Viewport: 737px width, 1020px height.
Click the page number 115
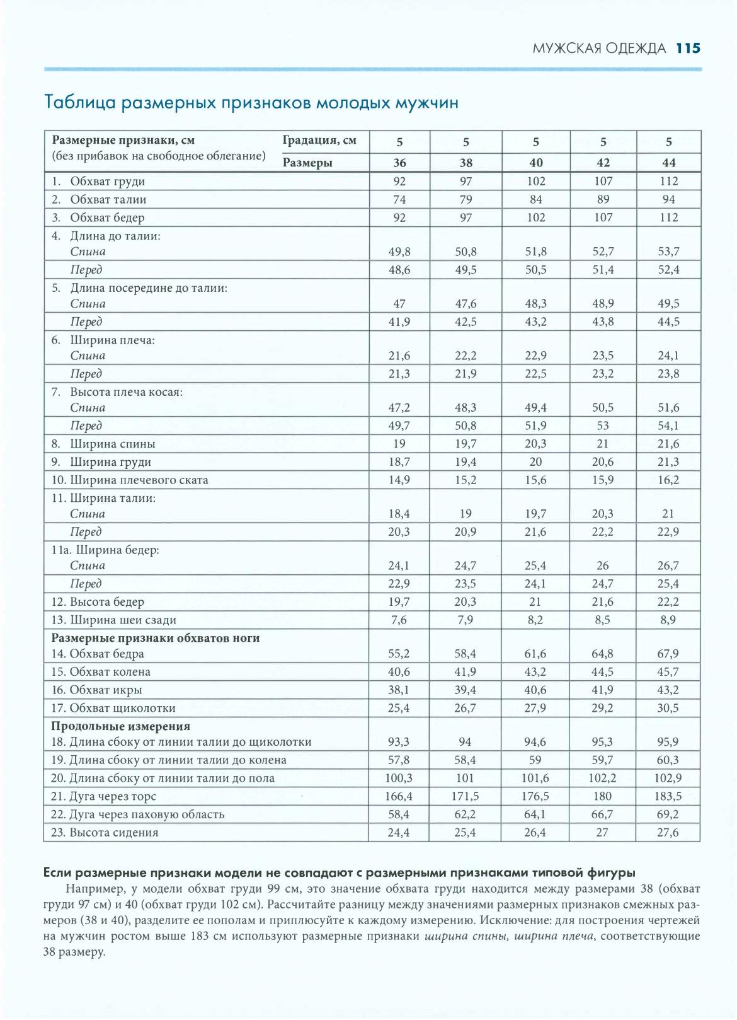(688, 49)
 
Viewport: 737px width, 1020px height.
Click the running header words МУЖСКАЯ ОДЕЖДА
(599, 49)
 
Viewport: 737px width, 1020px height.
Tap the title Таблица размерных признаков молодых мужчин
(251, 102)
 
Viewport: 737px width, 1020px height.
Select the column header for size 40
(535, 163)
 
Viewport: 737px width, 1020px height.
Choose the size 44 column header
(668, 163)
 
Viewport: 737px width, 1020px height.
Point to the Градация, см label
(319, 140)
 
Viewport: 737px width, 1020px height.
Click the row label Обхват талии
(108, 200)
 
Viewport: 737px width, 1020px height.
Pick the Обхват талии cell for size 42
(603, 200)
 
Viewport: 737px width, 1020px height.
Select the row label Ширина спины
(112, 444)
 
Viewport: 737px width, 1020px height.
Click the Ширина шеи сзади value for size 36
(399, 620)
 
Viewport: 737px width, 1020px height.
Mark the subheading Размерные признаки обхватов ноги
(155, 638)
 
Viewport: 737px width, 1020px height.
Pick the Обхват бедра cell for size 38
(466, 654)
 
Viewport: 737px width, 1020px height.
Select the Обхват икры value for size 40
(535, 690)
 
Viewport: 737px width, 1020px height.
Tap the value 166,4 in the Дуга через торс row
(399, 796)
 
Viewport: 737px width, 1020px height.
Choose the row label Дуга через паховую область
(146, 814)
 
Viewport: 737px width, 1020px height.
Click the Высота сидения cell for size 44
(668, 833)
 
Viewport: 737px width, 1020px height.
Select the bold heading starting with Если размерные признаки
(339, 873)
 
